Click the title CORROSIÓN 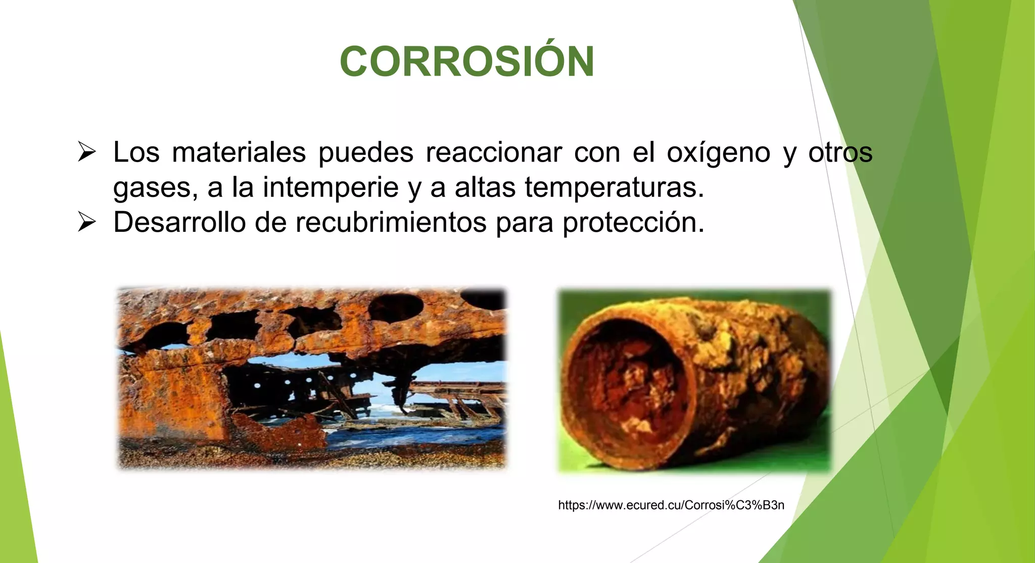pos(467,62)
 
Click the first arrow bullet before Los pos(87,152)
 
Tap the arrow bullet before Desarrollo pos(87,222)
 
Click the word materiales pos(239,152)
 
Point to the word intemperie pos(331,187)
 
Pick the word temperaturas pos(614,187)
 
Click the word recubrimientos pos(391,222)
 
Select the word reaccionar pos(493,152)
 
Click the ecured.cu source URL pos(671,505)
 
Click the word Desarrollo pos(179,222)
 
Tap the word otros pos(840,152)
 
